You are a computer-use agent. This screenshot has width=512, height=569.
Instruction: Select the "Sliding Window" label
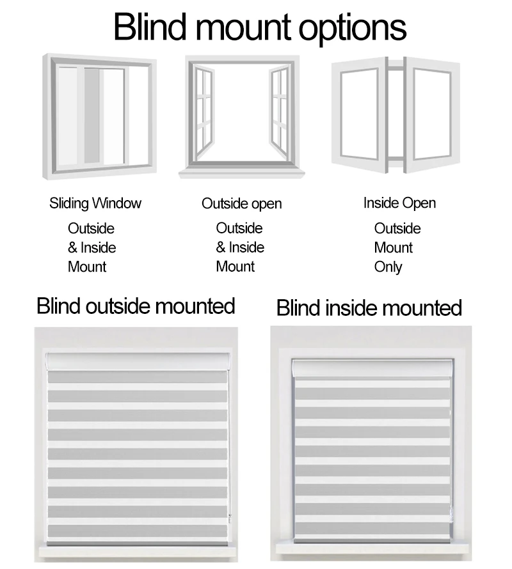click(x=95, y=203)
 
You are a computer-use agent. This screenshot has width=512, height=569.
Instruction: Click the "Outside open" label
click(x=241, y=203)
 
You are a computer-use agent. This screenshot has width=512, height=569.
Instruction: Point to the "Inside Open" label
click(x=399, y=203)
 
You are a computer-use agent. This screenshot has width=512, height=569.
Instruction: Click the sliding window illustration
click(x=99, y=119)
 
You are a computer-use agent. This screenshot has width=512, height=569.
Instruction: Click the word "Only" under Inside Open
click(x=388, y=267)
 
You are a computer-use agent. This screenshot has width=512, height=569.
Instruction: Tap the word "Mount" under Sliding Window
click(x=87, y=267)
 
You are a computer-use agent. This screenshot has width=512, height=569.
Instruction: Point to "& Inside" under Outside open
click(x=239, y=247)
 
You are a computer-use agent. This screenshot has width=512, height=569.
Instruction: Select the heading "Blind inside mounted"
click(x=369, y=308)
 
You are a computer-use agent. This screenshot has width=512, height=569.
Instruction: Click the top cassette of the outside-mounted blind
click(x=137, y=361)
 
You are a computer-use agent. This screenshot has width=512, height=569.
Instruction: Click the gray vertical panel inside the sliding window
click(x=92, y=115)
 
